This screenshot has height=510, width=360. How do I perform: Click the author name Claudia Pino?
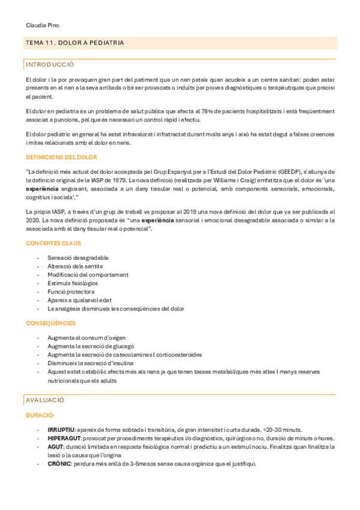[x=42, y=25]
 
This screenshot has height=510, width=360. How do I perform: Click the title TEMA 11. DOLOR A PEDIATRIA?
[x=75, y=43]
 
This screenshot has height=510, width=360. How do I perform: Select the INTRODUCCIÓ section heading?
[x=50, y=64]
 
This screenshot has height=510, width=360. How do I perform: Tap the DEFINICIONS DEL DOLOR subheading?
[x=61, y=157]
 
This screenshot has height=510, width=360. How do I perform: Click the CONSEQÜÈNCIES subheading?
[x=51, y=323]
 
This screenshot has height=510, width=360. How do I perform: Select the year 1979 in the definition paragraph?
[x=118, y=179]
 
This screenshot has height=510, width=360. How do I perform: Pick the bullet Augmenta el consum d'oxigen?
[x=87, y=337]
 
